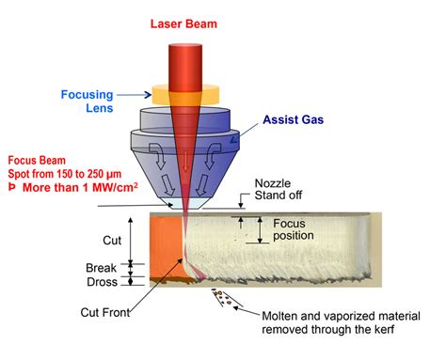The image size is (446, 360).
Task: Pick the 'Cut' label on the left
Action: pyautogui.click(x=112, y=241)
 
